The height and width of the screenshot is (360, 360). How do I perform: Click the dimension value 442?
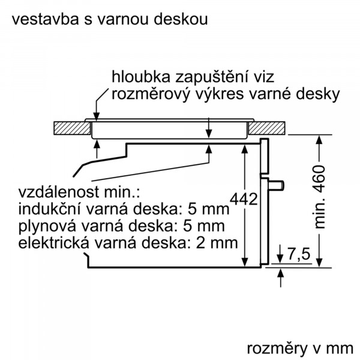coord(244,199)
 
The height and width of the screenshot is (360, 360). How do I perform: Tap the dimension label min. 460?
coord(319,197)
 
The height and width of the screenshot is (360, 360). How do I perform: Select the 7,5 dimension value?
coord(299,254)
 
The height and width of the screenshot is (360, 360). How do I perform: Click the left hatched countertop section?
coord(72,128)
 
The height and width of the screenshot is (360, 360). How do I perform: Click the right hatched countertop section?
coord(267,128)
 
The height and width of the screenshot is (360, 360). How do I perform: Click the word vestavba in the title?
coord(46,19)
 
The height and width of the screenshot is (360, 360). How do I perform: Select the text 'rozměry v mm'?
coord(300,349)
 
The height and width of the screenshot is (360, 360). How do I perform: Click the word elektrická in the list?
coord(53,243)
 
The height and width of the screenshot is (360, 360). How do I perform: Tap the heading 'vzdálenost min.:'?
coord(79,192)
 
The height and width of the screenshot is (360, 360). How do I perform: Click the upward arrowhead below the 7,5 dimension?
coord(280,274)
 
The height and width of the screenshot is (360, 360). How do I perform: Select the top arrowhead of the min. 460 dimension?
coord(320,140)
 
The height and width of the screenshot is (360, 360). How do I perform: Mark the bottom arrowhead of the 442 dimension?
coord(245,262)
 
